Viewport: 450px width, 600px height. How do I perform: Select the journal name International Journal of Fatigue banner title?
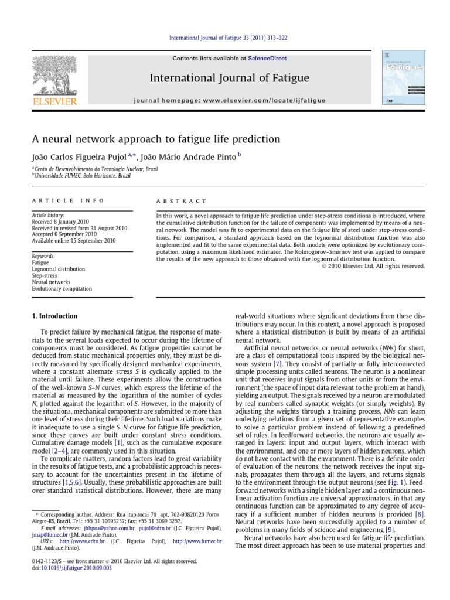coord(229,78)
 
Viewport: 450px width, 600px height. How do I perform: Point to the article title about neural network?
coord(156,139)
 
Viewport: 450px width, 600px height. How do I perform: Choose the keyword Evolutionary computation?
coord(62,289)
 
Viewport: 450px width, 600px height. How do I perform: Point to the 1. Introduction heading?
coord(54,316)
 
